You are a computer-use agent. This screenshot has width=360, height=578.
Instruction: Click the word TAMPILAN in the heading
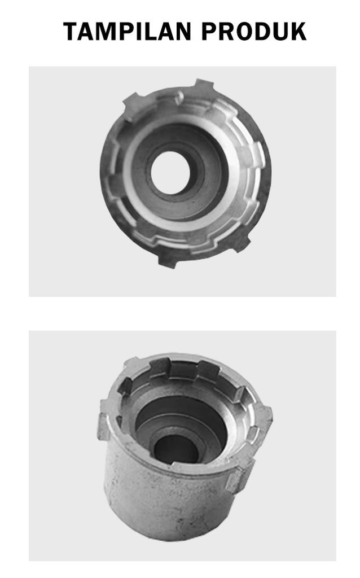[x=127, y=32]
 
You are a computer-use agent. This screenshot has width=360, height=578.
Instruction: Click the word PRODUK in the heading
[x=254, y=32]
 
